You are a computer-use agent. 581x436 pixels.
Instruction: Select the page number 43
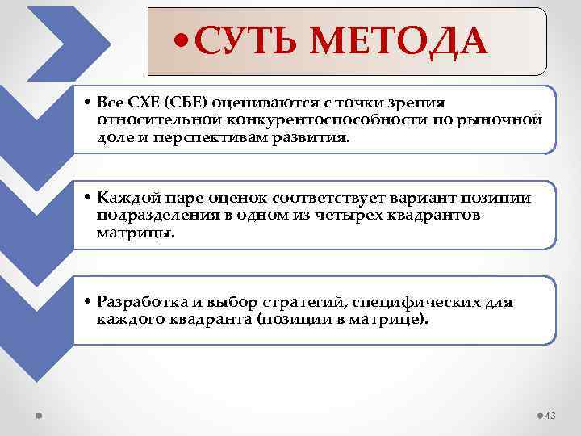[551, 415]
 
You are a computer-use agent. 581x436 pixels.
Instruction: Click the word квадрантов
[440, 216]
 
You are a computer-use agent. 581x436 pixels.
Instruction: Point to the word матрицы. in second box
[135, 233]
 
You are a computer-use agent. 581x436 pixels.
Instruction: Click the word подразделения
[148, 216]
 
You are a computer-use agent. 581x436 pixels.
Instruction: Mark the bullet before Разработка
[89, 303]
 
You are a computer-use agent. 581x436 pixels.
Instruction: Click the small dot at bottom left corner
[40, 415]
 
